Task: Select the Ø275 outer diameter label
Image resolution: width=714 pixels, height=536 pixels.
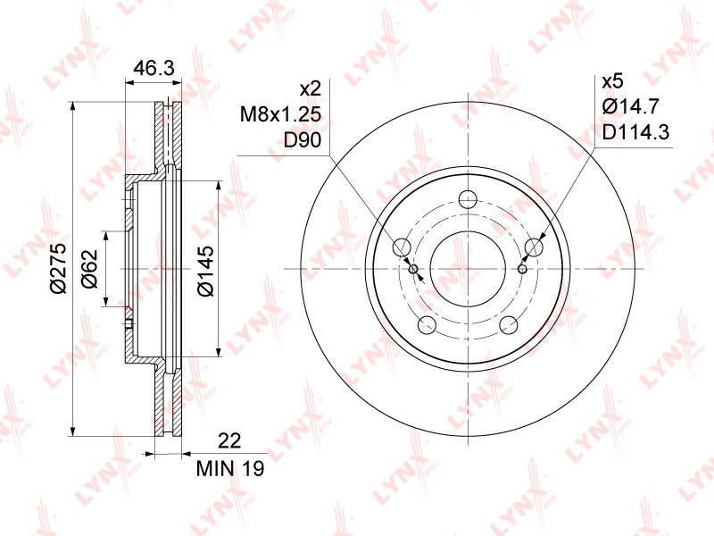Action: [x=59, y=269]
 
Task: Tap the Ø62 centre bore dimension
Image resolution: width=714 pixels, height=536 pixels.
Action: [x=90, y=269]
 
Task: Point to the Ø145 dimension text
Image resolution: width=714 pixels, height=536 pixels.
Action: [x=205, y=271]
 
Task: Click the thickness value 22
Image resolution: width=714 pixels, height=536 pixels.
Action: [x=229, y=440]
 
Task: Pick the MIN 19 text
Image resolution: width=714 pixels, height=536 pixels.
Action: [x=230, y=468]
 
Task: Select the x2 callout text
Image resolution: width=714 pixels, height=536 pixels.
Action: [x=311, y=88]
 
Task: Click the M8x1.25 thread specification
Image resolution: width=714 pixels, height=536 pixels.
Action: [x=280, y=114]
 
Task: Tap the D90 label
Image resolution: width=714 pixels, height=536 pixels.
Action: [x=303, y=140]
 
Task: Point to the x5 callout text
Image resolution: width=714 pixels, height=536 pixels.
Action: [x=612, y=82]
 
